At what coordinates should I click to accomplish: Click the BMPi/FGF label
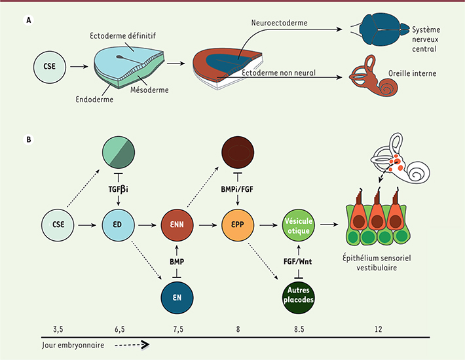(x=236, y=187)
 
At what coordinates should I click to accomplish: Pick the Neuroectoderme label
(x=274, y=24)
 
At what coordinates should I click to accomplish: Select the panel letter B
(x=28, y=139)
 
